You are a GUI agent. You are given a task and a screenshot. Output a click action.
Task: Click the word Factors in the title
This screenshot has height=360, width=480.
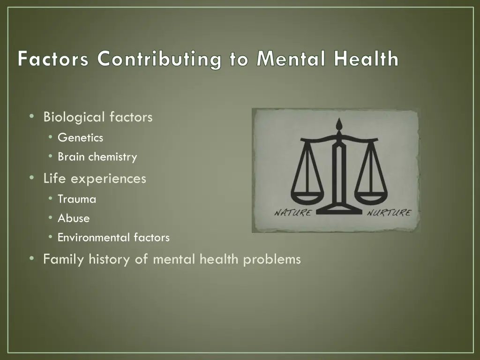pos(53,60)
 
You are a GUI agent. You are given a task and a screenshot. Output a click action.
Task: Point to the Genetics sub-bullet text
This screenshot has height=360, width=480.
pos(80,138)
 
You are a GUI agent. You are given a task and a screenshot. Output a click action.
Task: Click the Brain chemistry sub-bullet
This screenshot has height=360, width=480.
pos(97,157)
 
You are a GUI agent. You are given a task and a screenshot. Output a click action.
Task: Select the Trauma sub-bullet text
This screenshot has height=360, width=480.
pos(77,199)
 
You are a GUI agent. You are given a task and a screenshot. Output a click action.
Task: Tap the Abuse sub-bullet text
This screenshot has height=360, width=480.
pos(74,218)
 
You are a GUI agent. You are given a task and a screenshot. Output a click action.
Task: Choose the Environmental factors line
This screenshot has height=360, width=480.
pos(113,238)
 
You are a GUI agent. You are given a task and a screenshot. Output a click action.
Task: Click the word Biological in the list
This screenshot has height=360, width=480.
pos(75,117)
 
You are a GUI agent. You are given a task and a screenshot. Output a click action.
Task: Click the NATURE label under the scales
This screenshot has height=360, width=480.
pos(293,213)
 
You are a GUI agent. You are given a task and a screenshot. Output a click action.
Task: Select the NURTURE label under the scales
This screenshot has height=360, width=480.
pos(389,213)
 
